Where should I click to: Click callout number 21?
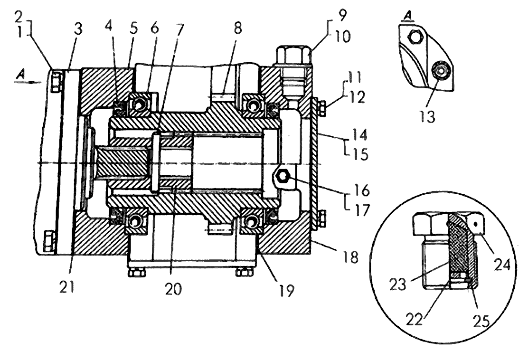pyautogui.click(x=66, y=287)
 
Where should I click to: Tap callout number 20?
pyautogui.click(x=174, y=289)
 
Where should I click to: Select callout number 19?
pyautogui.click(x=286, y=290)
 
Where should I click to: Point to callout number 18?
pyautogui.click(x=350, y=257)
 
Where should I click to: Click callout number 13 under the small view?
pyautogui.click(x=427, y=116)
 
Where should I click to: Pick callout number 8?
pyautogui.click(x=238, y=28)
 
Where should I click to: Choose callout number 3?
pyautogui.click(x=78, y=29)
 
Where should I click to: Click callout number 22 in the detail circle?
pyautogui.click(x=414, y=319)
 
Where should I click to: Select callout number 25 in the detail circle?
pyautogui.click(x=481, y=321)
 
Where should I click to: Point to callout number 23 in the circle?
pyautogui.click(x=398, y=284)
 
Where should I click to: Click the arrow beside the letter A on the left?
pyautogui.click(x=28, y=82)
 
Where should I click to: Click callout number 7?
pyautogui.click(x=180, y=29)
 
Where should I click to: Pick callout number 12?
pyautogui.click(x=357, y=98)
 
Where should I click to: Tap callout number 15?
pyautogui.click(x=361, y=154)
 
